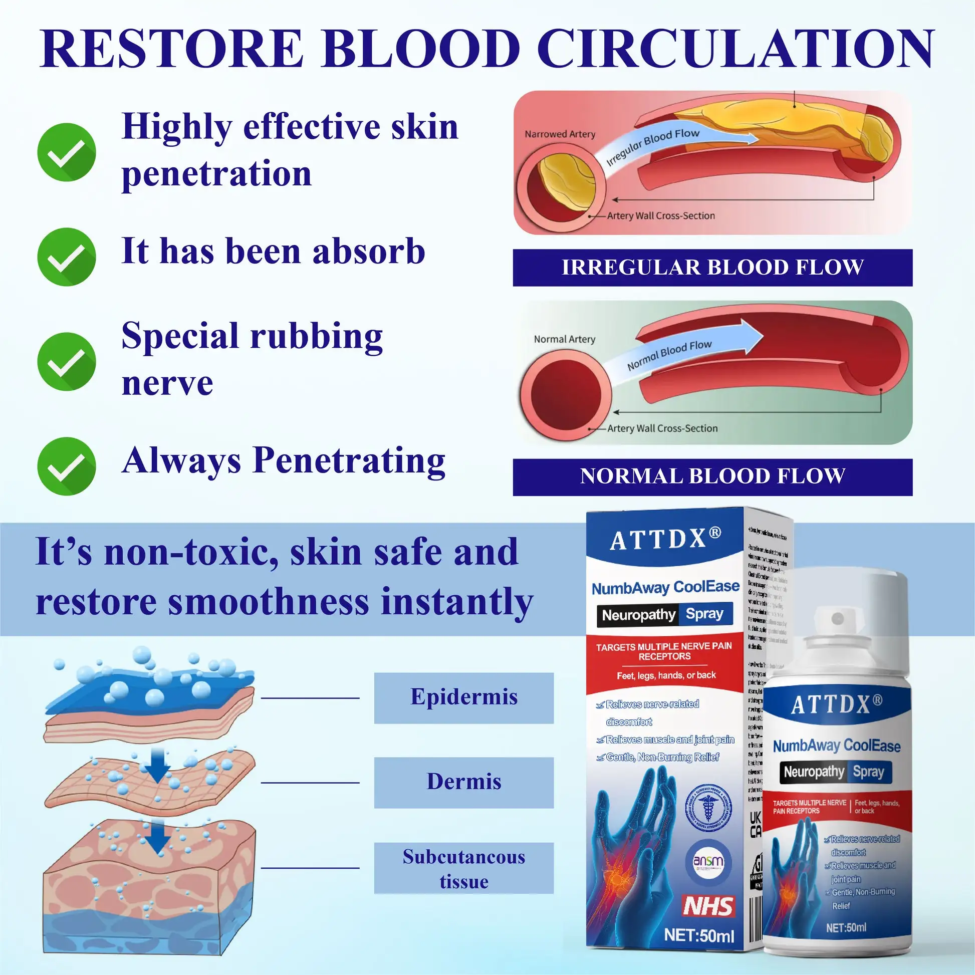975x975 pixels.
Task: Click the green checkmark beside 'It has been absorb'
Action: [x=66, y=257]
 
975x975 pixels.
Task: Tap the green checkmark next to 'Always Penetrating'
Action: [x=66, y=466]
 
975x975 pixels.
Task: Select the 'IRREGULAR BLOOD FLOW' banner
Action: [x=712, y=268]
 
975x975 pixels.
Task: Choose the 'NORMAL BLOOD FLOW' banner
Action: [x=712, y=477]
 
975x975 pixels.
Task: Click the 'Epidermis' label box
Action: [x=463, y=697]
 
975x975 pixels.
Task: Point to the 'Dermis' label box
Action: [x=463, y=782]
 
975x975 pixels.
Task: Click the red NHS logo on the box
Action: [x=707, y=906]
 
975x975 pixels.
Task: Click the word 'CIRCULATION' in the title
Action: [x=736, y=49]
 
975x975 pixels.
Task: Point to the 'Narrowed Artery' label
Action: [x=560, y=134]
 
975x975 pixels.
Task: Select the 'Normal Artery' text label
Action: [x=564, y=339]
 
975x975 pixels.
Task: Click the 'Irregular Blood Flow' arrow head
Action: [x=750, y=138]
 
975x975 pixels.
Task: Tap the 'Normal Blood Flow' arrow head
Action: [x=752, y=336]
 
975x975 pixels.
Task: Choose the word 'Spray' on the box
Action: [x=704, y=614]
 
